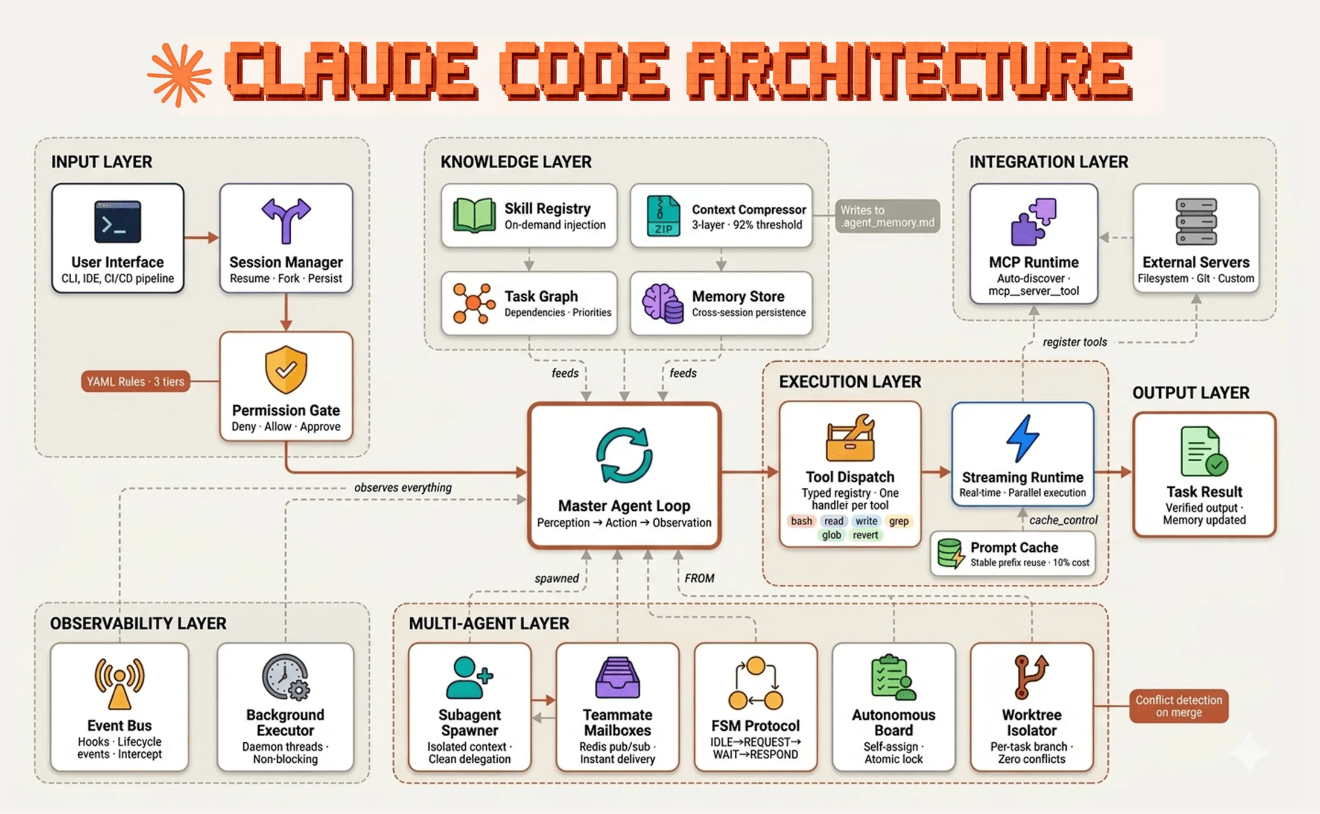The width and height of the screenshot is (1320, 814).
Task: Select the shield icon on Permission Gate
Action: [286, 369]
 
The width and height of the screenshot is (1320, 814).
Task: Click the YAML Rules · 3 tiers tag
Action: [136, 382]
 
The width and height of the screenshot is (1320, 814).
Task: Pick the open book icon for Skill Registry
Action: [474, 215]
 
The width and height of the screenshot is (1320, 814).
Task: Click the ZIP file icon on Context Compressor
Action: [663, 215]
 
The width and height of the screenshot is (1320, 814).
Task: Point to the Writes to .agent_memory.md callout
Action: [887, 216]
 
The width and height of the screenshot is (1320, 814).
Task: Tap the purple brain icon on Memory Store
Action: [662, 303]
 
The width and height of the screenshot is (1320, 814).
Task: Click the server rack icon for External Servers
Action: [1196, 222]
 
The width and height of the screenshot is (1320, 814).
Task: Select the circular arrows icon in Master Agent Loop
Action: [624, 455]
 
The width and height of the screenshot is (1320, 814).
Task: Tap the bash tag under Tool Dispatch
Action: [801, 521]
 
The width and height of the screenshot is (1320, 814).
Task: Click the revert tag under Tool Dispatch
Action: [865, 535]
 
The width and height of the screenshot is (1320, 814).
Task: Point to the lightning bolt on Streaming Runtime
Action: [1023, 438]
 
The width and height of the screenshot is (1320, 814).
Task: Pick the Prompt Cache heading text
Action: [1014, 547]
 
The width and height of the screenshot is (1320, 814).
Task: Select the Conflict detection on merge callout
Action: [1179, 706]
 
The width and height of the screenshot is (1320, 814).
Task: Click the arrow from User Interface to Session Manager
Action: [201, 238]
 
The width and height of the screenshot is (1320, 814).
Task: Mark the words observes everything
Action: [402, 487]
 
